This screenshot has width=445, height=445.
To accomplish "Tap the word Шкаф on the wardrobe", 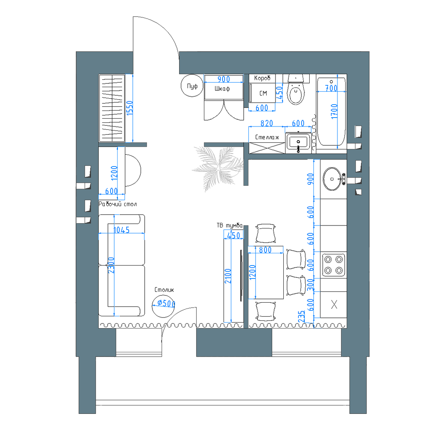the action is tap(222, 89).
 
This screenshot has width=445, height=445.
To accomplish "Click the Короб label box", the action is tap(262, 78).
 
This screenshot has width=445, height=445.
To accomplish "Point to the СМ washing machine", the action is tap(263, 93).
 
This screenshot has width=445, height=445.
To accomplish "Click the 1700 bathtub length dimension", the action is tap(334, 111).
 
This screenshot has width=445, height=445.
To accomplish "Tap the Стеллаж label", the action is tap(267, 137).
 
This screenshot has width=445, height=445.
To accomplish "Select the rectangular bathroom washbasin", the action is tap(298, 142).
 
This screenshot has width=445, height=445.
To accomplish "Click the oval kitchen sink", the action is tap(332, 179).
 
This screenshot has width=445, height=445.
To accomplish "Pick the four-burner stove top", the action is tap(333, 265).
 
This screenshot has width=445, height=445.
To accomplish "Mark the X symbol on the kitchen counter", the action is tap(334, 304).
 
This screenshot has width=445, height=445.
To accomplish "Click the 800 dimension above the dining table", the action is tap(266, 250).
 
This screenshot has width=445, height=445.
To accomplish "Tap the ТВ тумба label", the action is tap(230, 225).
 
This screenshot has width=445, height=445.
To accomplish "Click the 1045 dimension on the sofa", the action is tap(122, 230).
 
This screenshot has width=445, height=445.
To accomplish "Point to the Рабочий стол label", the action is tap(118, 204).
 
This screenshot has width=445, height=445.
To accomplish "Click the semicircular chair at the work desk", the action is tap(133, 171).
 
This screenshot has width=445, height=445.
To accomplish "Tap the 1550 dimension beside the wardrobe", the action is tap(130, 108).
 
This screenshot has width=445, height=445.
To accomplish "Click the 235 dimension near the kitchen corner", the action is tap(301, 316).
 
